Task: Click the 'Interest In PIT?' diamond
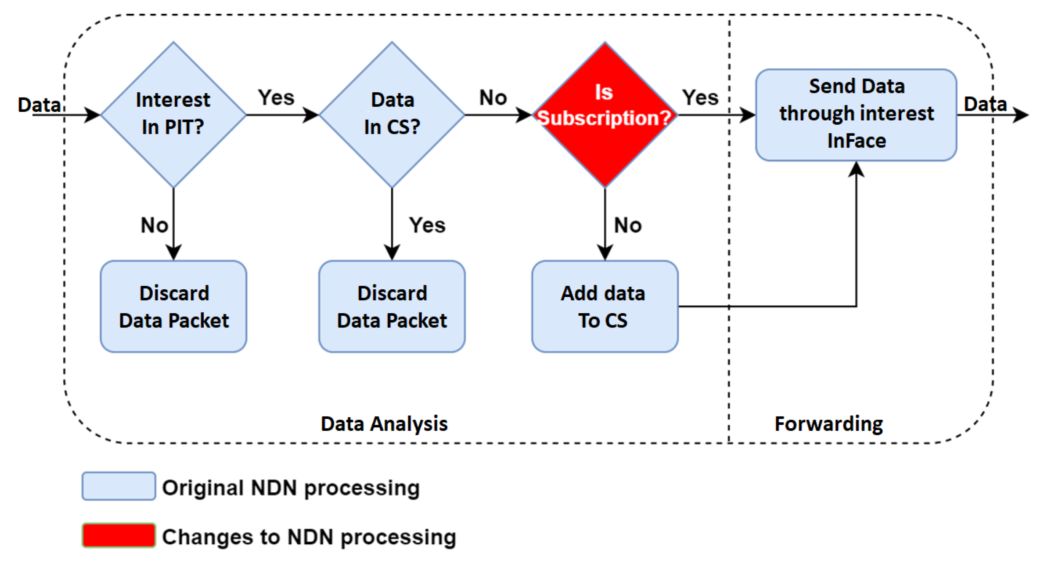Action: (173, 114)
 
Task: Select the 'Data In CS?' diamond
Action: (391, 114)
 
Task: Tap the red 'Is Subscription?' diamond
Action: (605, 114)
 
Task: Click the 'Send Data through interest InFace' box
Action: (856, 114)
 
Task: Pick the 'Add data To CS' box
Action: (605, 306)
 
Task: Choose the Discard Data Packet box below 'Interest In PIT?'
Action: (173, 306)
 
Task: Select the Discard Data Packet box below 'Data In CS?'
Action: (391, 306)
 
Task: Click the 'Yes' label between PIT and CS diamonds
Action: (276, 98)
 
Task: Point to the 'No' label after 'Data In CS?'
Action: (493, 98)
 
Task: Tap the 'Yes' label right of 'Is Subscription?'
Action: (700, 98)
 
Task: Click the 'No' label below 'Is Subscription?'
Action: (627, 225)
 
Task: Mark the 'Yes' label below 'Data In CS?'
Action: (427, 225)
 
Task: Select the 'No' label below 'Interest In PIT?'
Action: (154, 225)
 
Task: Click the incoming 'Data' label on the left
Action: (39, 105)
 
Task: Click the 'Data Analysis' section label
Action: (384, 423)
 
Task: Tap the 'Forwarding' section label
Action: (829, 423)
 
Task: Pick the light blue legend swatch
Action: (118, 486)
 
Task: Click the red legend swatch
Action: (118, 535)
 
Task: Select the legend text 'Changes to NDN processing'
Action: (309, 537)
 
